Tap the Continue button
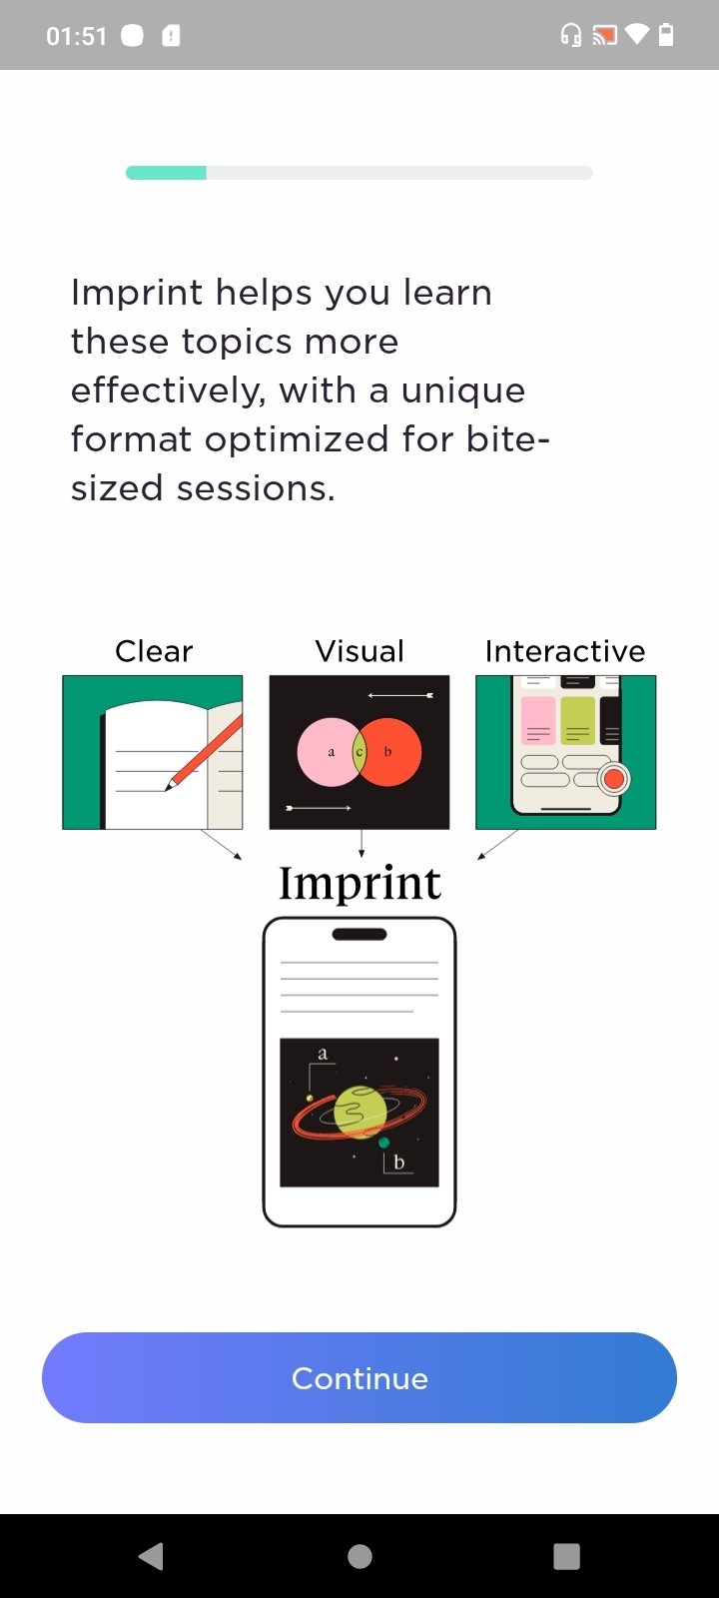(359, 1377)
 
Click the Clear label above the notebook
(154, 651)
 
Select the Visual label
(359, 651)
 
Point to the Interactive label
(565, 651)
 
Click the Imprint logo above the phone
(359, 884)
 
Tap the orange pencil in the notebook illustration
(205, 753)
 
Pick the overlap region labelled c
(359, 752)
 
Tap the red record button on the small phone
(613, 779)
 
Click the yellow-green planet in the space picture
(360, 1112)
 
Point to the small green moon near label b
(383, 1143)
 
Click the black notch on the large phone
(359, 934)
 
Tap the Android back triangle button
(151, 1556)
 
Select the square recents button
(566, 1556)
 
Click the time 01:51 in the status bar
(76, 36)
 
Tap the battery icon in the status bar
(665, 34)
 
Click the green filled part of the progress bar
(166, 173)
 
